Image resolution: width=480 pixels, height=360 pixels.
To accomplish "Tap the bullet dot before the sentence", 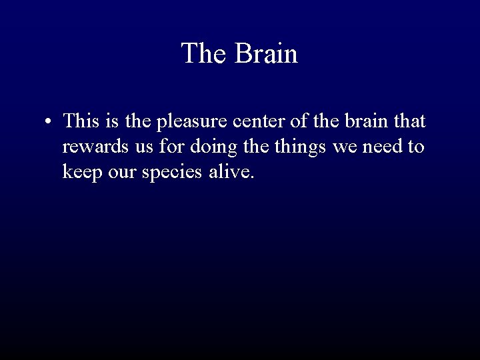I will [x=49, y=123].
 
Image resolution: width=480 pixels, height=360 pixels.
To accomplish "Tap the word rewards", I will [x=93, y=147].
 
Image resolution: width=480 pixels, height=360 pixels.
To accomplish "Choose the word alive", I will [x=233, y=172].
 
